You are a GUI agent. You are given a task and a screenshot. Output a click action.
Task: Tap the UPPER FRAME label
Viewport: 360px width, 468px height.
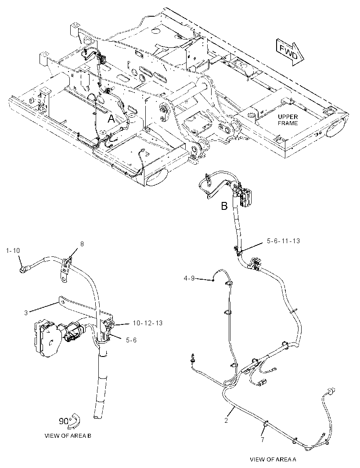[x=288, y=120]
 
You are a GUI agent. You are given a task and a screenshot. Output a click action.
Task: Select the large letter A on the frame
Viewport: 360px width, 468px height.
[x=111, y=119]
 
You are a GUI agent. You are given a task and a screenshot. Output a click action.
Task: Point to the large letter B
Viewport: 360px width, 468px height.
[x=224, y=206]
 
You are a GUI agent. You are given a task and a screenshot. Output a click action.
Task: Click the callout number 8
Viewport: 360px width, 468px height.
[x=82, y=244]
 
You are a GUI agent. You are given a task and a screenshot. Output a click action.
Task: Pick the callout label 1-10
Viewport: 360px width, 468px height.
[x=13, y=251]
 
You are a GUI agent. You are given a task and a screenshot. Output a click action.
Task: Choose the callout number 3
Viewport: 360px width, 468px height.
[x=26, y=313]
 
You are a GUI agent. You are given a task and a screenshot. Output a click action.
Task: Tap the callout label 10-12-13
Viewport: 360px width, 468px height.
[x=148, y=323]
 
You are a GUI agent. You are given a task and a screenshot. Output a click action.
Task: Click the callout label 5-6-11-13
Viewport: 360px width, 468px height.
[x=283, y=241]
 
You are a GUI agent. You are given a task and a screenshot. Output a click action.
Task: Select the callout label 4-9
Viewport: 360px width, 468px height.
[x=189, y=278]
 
